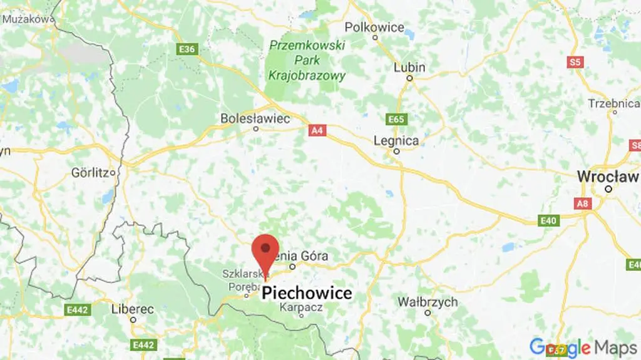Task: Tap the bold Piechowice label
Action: pyautogui.click(x=307, y=293)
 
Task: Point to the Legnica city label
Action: pyautogui.click(x=396, y=141)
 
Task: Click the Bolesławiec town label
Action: pyautogui.click(x=255, y=118)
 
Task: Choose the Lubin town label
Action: pyautogui.click(x=409, y=68)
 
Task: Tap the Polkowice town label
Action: pyautogui.click(x=374, y=28)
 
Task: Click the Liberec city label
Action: pyautogui.click(x=132, y=309)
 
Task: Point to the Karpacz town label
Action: pyautogui.click(x=301, y=307)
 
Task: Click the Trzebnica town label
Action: pyautogui.click(x=612, y=103)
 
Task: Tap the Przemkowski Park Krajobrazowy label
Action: pyautogui.click(x=307, y=61)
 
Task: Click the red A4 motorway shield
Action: pyautogui.click(x=317, y=131)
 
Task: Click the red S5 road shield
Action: pyautogui.click(x=575, y=61)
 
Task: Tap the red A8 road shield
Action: pyautogui.click(x=582, y=203)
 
